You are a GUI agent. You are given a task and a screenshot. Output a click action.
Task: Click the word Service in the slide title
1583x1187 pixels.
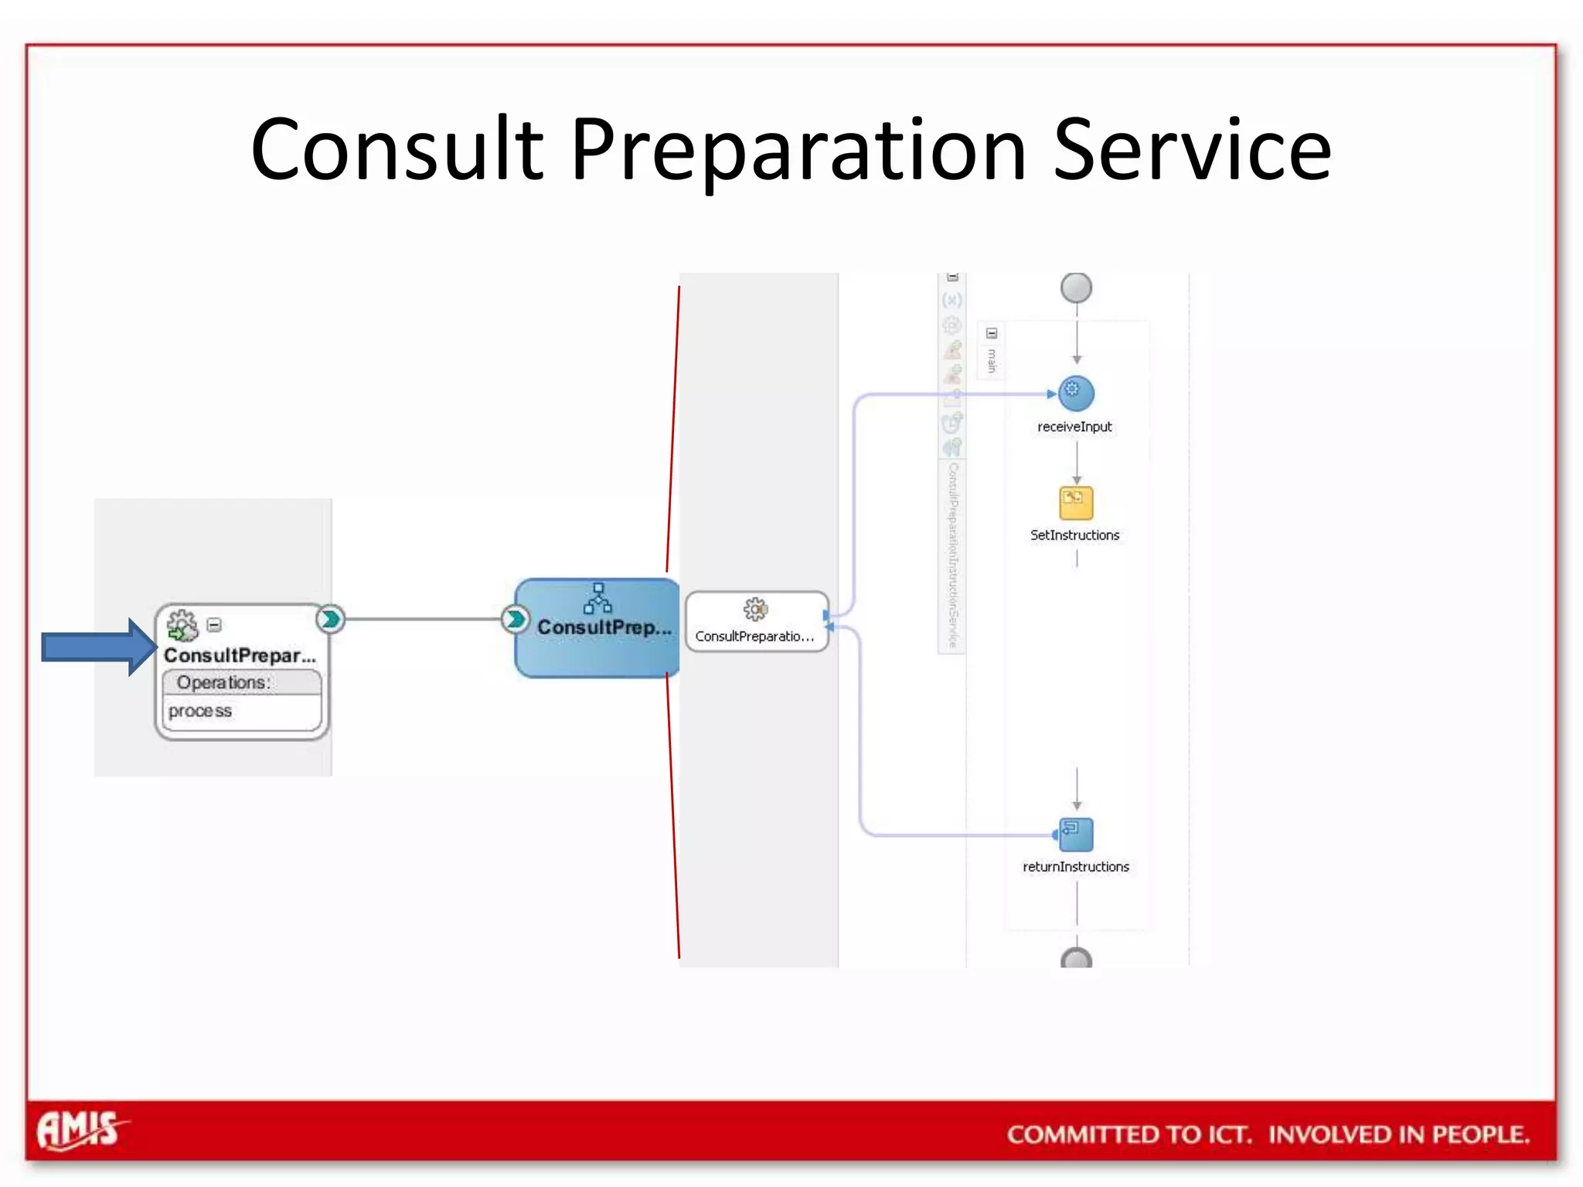pos(1192,150)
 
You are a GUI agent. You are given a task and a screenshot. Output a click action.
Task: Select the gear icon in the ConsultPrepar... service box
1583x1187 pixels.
pos(182,625)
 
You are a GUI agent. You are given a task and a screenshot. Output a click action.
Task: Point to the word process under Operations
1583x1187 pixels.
pos(200,711)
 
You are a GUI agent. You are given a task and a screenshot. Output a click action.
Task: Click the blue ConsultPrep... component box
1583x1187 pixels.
pos(595,649)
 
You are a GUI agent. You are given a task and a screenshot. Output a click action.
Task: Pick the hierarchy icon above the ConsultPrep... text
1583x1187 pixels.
pos(597,598)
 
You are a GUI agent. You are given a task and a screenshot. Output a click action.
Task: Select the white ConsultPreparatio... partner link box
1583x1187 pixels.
pos(755,622)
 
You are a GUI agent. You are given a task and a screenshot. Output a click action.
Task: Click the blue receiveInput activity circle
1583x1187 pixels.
pos(1076,393)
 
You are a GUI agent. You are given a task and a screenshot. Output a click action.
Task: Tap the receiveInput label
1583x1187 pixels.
pos(1074,427)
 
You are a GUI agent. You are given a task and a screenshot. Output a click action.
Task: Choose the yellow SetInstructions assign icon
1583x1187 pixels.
pos(1076,502)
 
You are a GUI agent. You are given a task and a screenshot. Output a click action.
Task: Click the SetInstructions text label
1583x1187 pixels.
pos(1074,535)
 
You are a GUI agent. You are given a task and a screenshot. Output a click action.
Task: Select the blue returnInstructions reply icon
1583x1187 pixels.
pos(1076,834)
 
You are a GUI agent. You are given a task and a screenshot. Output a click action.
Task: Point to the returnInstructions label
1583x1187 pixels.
pos(1075,867)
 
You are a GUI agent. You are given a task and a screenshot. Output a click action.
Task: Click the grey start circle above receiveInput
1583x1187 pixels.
pos(1076,288)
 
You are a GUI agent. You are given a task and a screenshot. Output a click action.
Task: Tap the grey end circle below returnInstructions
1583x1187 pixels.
pos(1076,958)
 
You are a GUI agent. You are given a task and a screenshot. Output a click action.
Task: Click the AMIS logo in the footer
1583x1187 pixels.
pos(80,1130)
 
